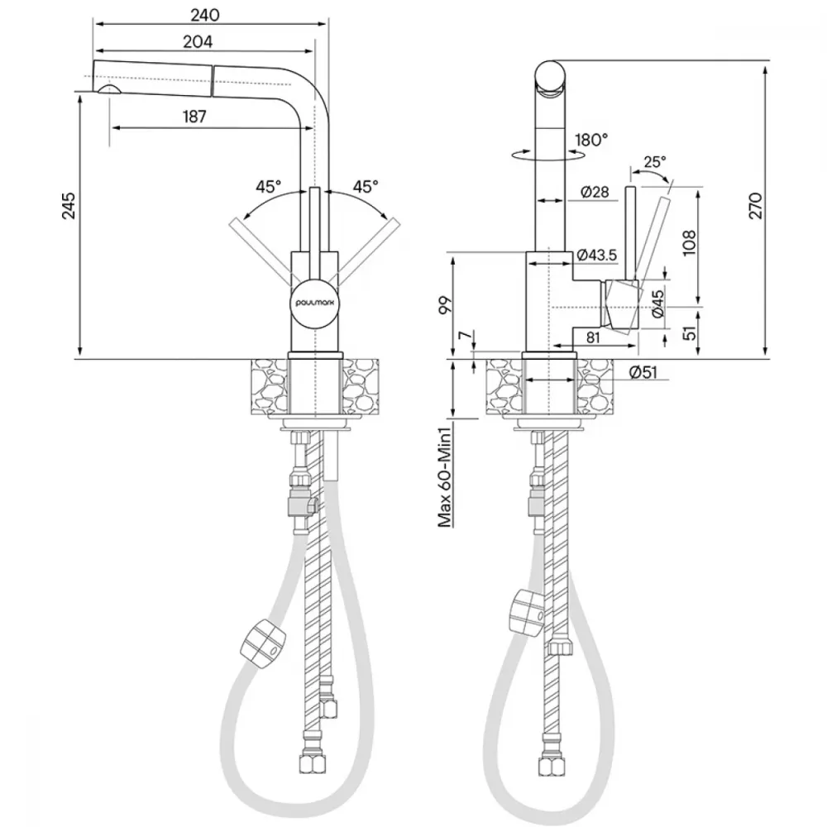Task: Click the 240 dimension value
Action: click(205, 15)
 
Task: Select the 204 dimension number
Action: click(198, 41)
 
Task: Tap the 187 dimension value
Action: click(194, 117)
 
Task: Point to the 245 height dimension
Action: click(69, 205)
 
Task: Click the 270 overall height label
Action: click(755, 206)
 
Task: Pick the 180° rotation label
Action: click(591, 140)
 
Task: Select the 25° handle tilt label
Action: click(654, 161)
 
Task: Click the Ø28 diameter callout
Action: click(595, 192)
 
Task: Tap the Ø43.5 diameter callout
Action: click(596, 256)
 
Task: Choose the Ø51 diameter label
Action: click(643, 372)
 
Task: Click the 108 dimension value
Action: click(690, 242)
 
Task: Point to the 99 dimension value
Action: click(447, 305)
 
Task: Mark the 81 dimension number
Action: click(593, 337)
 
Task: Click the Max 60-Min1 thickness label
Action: click(446, 478)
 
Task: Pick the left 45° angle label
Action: click(269, 186)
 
